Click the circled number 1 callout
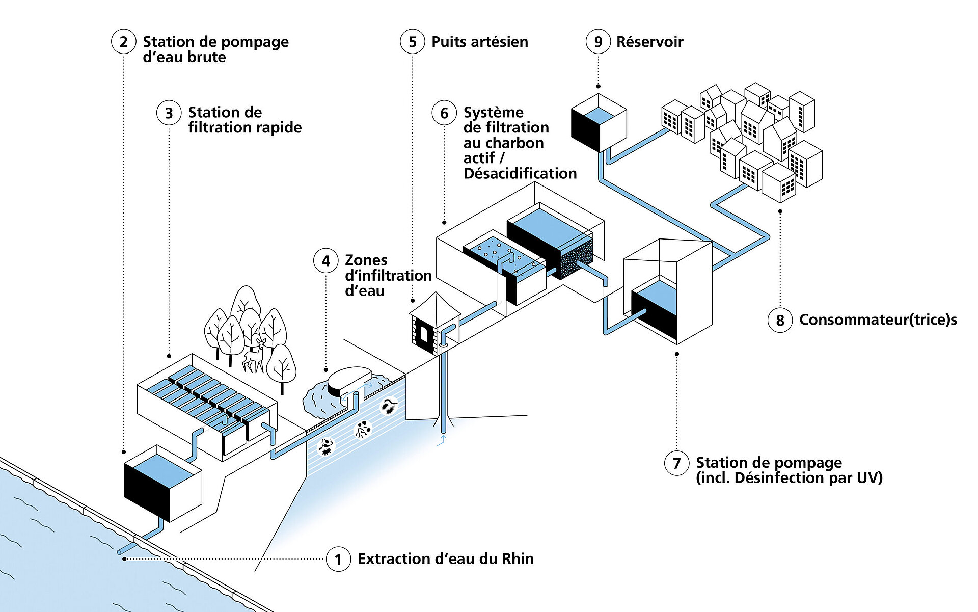[338, 559]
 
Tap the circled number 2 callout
[123, 42]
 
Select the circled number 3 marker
[169, 113]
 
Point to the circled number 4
[326, 261]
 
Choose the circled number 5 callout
[412, 42]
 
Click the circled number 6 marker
[444, 113]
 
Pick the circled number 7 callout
[676, 463]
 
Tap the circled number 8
[780, 321]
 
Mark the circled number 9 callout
[598, 42]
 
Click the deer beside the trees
[254, 355]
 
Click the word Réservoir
[649, 42]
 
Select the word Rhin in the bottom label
[518, 559]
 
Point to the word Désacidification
[520, 174]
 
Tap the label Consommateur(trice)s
[878, 320]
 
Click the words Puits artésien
[479, 42]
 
